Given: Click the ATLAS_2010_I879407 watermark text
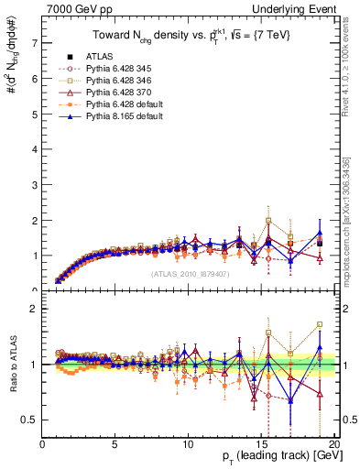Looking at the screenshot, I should [x=190, y=273].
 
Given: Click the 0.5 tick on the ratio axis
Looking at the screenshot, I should [x=30, y=420].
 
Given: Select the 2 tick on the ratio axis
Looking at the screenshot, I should [x=35, y=309].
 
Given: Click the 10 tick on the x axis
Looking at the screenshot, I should [x=187, y=444].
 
